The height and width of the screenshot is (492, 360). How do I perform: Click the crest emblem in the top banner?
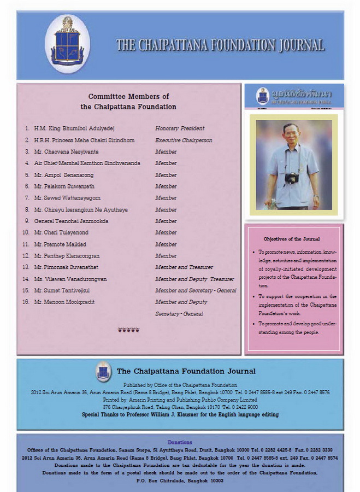click(67, 43)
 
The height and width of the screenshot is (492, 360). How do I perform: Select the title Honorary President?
click(180, 128)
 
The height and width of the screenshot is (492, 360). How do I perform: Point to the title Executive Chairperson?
click(184, 140)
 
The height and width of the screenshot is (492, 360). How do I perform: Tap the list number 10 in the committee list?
click(26, 232)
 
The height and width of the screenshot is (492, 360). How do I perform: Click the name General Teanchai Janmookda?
click(71, 221)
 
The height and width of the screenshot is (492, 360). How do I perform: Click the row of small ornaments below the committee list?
click(128, 330)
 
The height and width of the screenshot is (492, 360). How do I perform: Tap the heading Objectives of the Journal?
click(292, 239)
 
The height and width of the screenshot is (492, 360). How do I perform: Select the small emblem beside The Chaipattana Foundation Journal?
click(103, 371)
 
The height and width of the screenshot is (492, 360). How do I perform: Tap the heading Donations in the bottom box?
click(180, 442)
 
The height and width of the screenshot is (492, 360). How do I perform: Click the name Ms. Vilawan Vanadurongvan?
click(70, 279)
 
